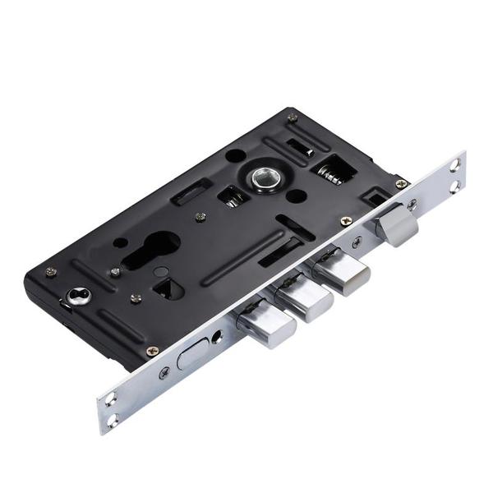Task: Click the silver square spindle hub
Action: coord(265,177)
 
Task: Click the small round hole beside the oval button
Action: coord(218,337)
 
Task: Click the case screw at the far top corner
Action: coord(292,117)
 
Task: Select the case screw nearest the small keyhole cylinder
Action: coord(51,273)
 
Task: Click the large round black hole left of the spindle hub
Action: coord(234,155)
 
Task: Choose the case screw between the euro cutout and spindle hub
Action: coord(200,217)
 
